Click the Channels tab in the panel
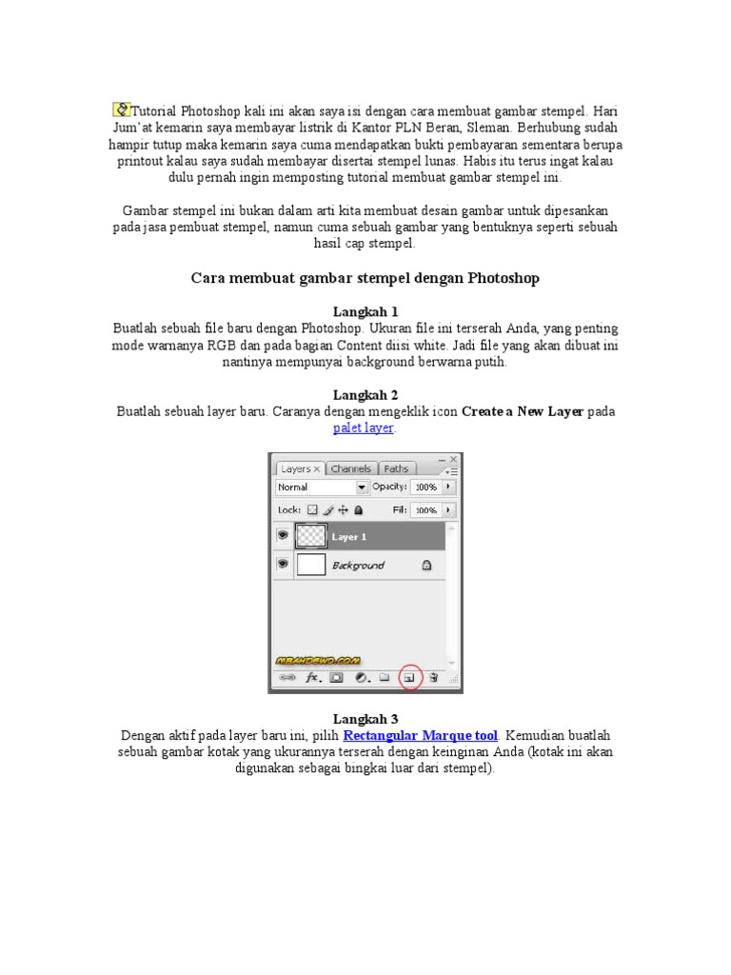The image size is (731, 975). pos(351,468)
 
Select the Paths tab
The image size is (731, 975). pos(396,468)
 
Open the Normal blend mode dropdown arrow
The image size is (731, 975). pos(362,487)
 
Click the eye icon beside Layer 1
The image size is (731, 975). pos(283,536)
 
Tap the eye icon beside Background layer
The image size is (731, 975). pos(283,565)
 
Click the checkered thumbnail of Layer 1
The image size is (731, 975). pos(311,536)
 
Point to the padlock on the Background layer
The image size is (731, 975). pos(425,565)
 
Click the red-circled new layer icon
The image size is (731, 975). pos(409,678)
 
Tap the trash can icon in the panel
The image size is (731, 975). pos(433,678)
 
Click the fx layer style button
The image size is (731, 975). pos(311,678)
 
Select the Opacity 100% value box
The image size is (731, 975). pos(425,487)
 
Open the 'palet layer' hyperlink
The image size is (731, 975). pos(364,428)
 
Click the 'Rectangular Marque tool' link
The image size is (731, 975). pos(421,736)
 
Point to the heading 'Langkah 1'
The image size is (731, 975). pos(365,311)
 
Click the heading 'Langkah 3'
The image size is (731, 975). pos(365,719)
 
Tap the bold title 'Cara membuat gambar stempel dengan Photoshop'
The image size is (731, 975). pos(365,278)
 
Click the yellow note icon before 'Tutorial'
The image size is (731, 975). pos(121,109)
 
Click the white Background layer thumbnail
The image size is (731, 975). pos(311,565)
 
